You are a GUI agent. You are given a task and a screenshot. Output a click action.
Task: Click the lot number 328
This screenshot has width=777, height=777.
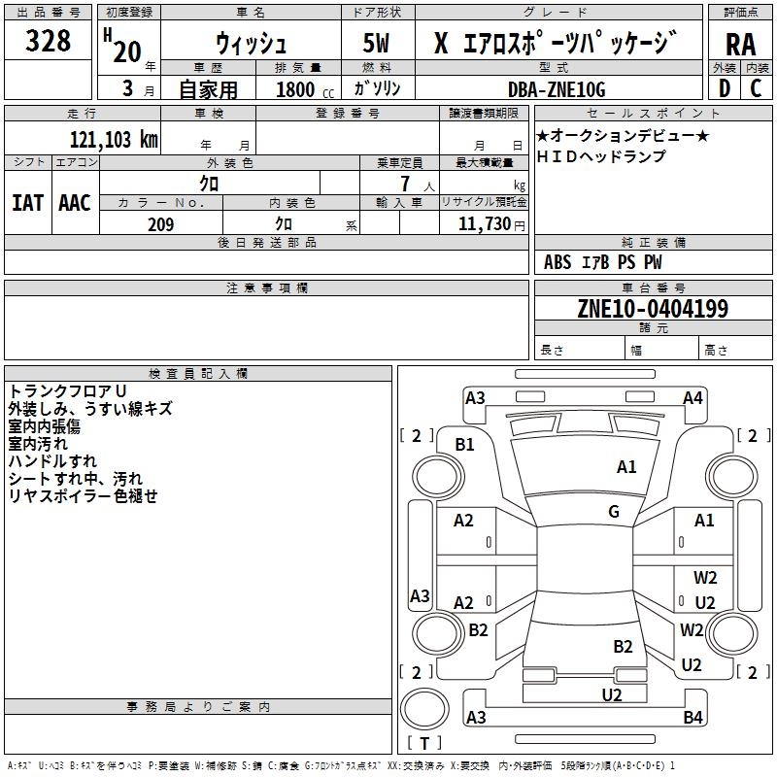[x=48, y=40]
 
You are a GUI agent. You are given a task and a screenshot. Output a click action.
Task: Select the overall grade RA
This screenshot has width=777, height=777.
[x=741, y=45]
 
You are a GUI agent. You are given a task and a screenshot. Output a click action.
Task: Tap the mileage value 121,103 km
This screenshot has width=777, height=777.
[x=114, y=139]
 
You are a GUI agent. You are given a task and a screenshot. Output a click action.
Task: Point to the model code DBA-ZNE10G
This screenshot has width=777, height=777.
[x=557, y=89]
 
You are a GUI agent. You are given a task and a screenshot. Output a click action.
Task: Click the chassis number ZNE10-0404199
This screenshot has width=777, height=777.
[x=653, y=308]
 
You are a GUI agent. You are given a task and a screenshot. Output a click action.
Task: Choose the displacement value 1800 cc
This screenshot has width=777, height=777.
[x=305, y=89]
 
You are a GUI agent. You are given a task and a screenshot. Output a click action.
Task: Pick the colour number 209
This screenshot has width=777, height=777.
[x=160, y=224]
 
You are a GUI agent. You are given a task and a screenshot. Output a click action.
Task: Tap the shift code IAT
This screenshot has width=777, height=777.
[x=27, y=203]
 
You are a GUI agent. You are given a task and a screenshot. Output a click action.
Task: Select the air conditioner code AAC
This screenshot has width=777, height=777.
[x=75, y=203]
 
